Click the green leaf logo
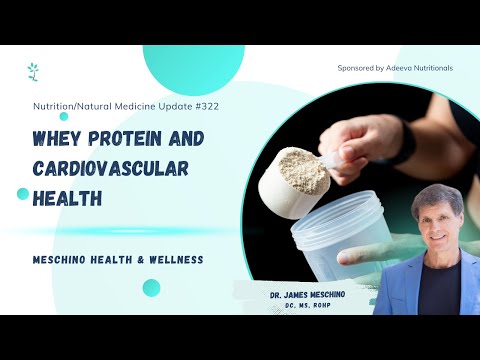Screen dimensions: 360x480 33,71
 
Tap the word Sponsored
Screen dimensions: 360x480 357,68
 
